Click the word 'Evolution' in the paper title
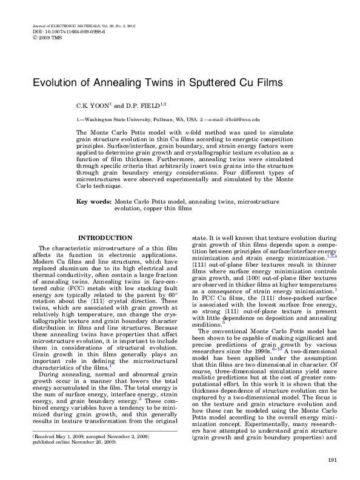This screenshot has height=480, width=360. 56,82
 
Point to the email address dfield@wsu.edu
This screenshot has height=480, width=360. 244,119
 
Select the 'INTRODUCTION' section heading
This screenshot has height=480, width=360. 105,238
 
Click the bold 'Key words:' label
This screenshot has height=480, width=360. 93,200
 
